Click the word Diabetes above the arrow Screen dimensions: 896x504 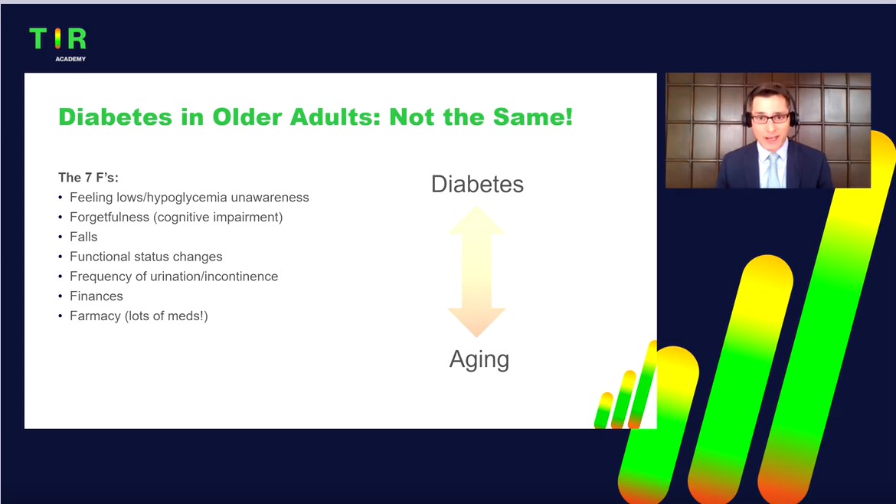[477, 184]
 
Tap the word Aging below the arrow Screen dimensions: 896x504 [479, 360]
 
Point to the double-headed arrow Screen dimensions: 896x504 [476, 271]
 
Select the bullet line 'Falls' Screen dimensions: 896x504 [83, 237]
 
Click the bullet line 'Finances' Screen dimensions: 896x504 [96, 296]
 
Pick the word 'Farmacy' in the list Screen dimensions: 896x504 [95, 316]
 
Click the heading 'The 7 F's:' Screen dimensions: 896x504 [88, 177]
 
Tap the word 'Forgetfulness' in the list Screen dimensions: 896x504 [110, 217]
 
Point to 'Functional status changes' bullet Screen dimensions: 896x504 [146, 257]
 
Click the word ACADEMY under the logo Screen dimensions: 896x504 [70, 59]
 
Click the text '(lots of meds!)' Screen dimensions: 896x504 [166, 316]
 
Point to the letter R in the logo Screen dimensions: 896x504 [77, 38]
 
